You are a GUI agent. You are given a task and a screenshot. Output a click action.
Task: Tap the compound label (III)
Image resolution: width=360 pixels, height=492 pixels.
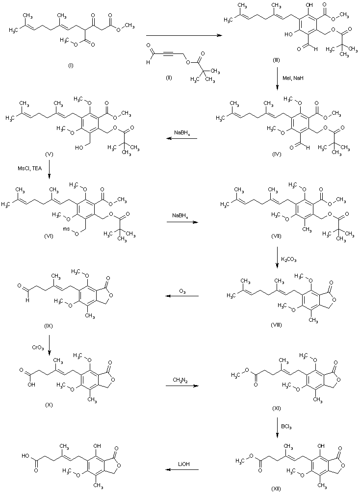coord(277,59)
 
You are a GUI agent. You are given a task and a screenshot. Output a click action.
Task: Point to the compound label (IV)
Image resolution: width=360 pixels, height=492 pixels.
coord(277,154)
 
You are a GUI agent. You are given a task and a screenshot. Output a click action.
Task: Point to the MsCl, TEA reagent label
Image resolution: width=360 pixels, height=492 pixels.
coord(27,169)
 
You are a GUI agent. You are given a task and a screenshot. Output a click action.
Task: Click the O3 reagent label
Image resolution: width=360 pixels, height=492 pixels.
coord(181,291)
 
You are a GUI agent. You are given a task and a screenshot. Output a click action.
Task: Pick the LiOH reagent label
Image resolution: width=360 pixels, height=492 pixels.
coord(181,463)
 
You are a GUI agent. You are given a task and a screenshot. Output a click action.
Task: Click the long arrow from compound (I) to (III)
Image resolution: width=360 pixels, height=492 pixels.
coord(181,35)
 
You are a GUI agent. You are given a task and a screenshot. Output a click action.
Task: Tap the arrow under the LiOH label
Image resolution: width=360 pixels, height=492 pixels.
coord(181,469)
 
